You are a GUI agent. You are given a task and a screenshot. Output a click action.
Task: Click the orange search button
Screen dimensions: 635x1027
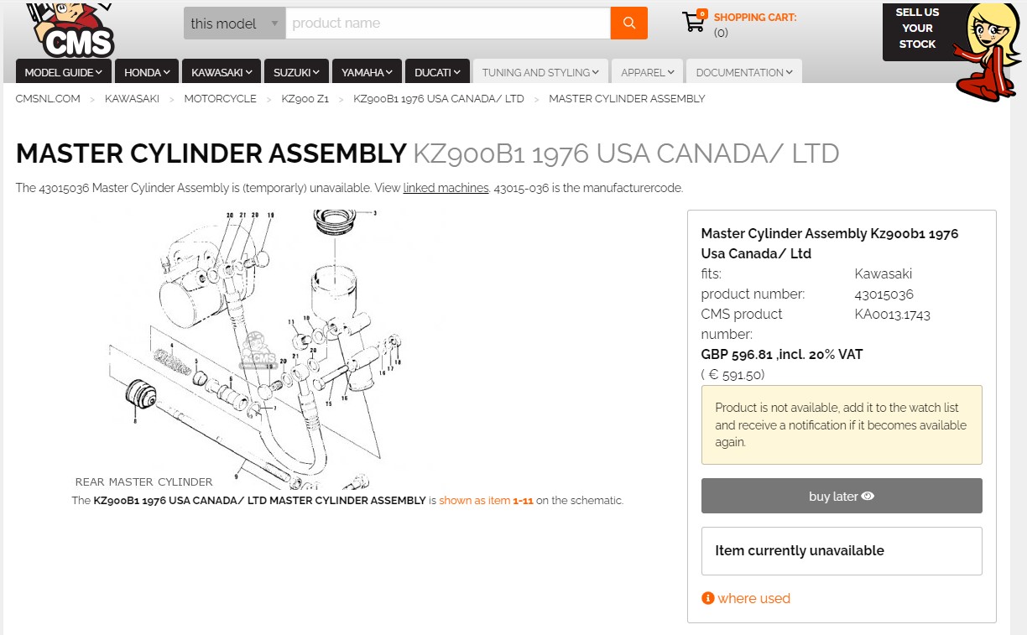(x=629, y=23)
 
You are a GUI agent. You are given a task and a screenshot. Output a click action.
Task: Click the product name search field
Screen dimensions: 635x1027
(x=447, y=23)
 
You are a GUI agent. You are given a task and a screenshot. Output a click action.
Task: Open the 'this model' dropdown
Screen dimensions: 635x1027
(x=234, y=23)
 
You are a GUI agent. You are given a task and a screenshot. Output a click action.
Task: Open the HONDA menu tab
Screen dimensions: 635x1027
(x=147, y=72)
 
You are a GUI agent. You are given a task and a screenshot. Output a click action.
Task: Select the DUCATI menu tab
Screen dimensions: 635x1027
(x=437, y=72)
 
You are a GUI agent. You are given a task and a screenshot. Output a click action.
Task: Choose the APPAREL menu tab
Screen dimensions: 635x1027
(x=647, y=72)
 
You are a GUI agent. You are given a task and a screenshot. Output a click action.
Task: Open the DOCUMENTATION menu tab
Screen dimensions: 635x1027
(x=743, y=72)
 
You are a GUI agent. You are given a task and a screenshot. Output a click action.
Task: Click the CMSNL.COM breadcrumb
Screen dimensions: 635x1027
(x=48, y=99)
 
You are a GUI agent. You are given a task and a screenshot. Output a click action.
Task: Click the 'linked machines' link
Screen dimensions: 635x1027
(x=446, y=188)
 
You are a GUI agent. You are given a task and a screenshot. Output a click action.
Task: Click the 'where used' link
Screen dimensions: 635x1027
(x=753, y=598)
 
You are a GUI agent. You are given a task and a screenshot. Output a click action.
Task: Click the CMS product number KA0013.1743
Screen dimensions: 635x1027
(x=892, y=315)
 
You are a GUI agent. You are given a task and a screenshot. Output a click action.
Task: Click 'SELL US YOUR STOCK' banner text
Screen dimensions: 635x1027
(x=917, y=29)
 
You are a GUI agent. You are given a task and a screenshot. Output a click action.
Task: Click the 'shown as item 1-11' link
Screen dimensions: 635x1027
(x=486, y=501)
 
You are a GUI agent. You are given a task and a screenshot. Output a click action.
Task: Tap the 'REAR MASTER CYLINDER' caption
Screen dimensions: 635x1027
(x=143, y=482)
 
